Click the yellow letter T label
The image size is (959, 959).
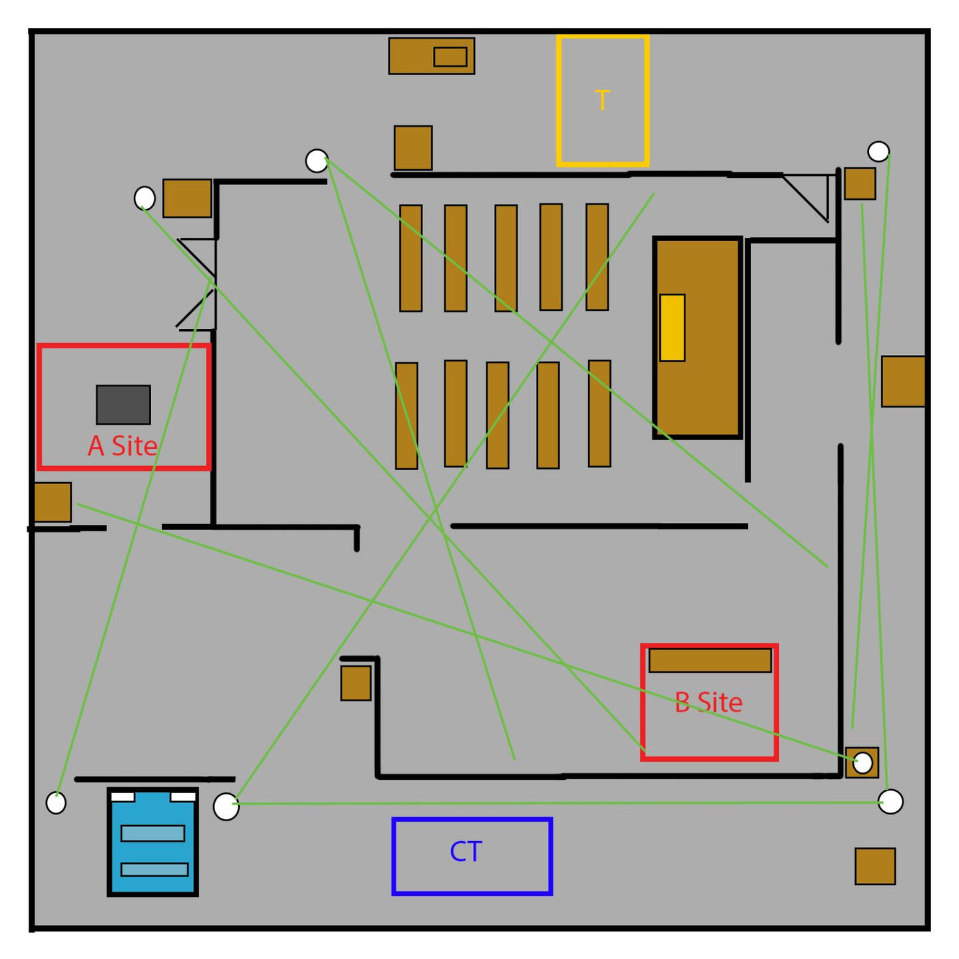pos(602,101)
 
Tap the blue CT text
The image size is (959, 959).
pos(466,852)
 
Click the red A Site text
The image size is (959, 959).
pos(123,446)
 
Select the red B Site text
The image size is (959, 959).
pos(708,703)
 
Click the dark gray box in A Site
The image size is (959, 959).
pos(123,404)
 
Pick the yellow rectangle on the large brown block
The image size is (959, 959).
pos(672,328)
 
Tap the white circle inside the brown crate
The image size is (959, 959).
pos(862,763)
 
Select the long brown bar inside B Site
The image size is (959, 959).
pos(710,660)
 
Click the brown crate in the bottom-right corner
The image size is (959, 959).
pos(875,866)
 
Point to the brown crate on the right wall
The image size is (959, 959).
pos(903,381)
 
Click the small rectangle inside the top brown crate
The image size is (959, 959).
pos(450,57)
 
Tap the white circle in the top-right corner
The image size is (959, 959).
pos(878,152)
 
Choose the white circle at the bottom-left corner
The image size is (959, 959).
pos(56,802)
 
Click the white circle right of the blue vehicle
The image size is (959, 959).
pos(226,806)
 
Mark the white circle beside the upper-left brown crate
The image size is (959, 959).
pos(145,198)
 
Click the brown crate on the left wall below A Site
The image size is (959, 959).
pos(53,502)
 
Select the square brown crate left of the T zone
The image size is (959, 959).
pos(413,148)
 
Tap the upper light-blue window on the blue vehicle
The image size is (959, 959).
pos(153,833)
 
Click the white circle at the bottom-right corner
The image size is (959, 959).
pos(890,801)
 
